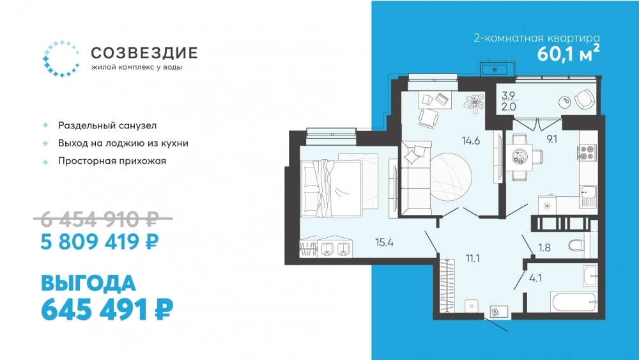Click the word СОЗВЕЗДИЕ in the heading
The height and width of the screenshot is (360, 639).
(x=144, y=53)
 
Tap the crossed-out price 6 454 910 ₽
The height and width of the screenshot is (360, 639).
(x=100, y=220)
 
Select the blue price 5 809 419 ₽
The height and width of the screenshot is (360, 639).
(x=100, y=242)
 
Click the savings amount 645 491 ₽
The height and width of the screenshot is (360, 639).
(x=107, y=310)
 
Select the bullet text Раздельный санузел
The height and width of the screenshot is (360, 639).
(x=107, y=125)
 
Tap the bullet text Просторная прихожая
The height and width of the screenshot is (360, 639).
(x=112, y=161)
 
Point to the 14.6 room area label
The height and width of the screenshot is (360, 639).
(x=471, y=141)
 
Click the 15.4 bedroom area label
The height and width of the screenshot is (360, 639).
(x=384, y=242)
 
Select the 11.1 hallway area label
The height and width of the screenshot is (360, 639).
(x=472, y=258)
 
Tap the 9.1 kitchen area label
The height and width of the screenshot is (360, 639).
(x=552, y=139)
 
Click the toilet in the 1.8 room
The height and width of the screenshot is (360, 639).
(x=576, y=246)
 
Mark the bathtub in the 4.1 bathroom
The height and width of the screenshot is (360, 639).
(x=574, y=302)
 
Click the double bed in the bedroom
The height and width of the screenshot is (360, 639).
(x=331, y=188)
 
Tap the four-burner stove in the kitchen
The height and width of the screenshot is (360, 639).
(x=587, y=152)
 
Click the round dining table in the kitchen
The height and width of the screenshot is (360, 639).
(x=520, y=156)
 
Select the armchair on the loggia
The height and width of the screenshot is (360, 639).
(x=584, y=98)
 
